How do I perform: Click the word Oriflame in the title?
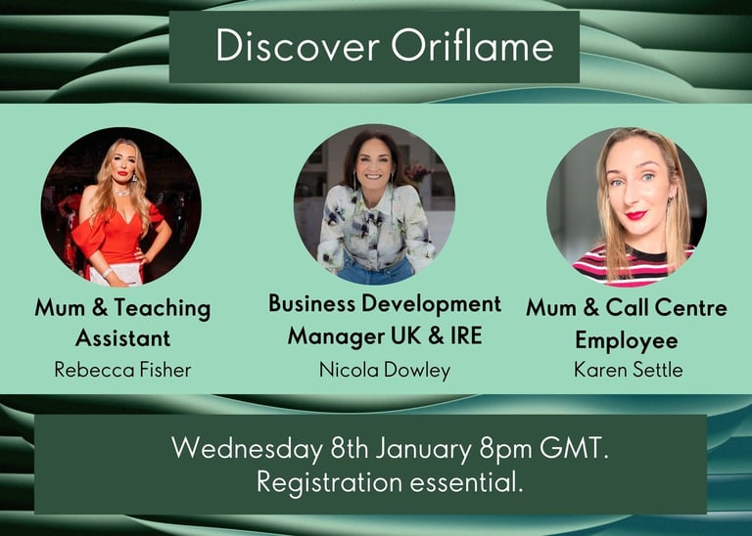(472, 46)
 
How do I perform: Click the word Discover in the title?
(298, 46)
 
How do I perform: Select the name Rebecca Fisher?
(122, 370)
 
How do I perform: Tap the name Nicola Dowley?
(385, 371)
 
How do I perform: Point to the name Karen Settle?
(628, 370)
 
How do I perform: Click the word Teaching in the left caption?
(163, 308)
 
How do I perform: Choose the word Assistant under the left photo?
(122, 338)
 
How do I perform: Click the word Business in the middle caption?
(311, 303)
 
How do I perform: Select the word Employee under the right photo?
(627, 340)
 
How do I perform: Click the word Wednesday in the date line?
(247, 449)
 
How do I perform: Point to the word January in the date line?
(424, 450)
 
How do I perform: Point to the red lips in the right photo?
(636, 215)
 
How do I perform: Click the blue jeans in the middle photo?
(375, 271)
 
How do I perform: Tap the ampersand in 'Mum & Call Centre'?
(590, 307)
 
